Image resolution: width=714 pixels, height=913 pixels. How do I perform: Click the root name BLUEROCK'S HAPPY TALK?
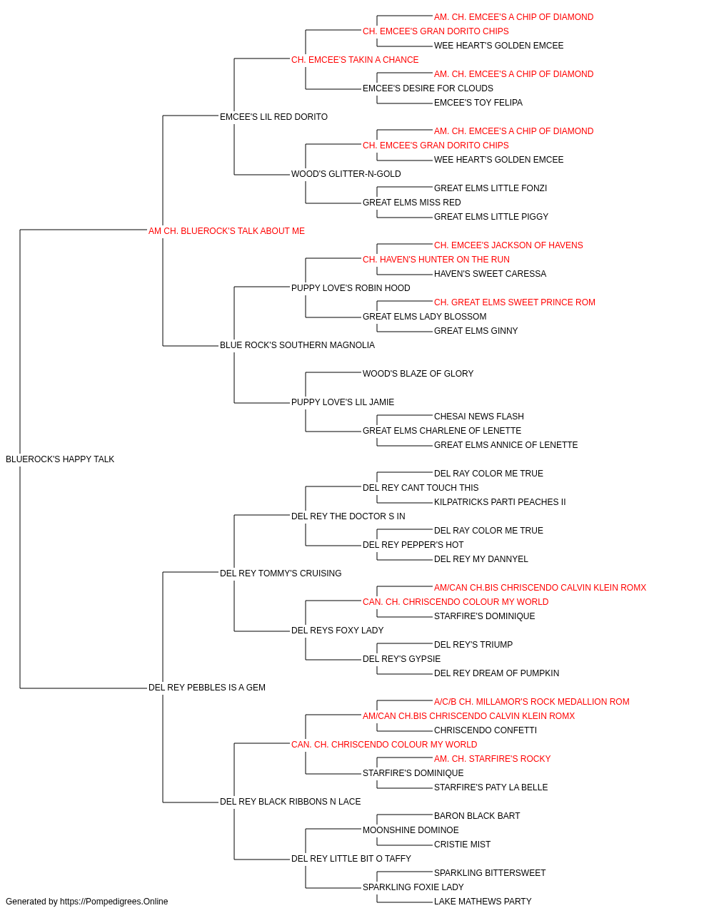[60, 459]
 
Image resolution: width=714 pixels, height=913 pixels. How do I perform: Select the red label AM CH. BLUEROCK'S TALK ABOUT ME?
[226, 231]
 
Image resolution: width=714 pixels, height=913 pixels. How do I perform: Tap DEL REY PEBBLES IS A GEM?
[207, 688]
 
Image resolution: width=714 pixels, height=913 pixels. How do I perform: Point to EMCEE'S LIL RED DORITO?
[273, 117]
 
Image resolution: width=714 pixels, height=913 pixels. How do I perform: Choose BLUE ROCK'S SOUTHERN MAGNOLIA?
[297, 345]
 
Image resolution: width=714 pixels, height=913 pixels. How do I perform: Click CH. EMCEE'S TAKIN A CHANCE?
[355, 60]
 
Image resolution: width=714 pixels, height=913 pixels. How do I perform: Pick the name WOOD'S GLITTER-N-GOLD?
[346, 174]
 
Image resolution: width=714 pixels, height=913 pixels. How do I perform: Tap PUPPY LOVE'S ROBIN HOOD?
[351, 287]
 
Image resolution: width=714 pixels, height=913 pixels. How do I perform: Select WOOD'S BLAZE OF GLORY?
[418, 374]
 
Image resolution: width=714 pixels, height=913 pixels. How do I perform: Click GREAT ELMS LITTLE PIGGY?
[491, 217]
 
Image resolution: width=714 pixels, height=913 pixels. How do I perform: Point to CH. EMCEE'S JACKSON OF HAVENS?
[508, 245]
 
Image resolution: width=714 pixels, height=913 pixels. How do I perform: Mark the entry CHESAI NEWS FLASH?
[479, 417]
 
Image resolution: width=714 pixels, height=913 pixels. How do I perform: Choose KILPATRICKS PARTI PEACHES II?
[500, 502]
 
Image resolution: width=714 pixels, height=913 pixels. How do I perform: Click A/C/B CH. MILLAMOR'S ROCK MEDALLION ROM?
[531, 702]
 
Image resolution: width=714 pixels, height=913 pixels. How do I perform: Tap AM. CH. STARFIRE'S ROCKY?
[493, 759]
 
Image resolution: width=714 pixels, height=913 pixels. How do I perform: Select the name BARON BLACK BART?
[477, 816]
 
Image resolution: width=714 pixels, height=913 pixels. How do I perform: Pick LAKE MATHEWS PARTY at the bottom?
[483, 902]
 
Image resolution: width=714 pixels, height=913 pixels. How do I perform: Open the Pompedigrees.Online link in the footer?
[114, 902]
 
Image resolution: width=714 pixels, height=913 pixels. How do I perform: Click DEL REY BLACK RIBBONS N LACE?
[290, 802]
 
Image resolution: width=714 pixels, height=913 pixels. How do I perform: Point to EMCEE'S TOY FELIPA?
[478, 103]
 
